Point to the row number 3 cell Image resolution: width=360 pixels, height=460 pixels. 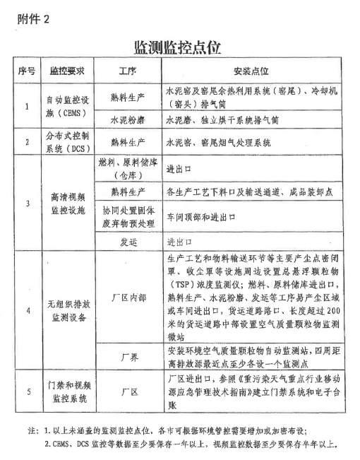coord(26,204)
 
